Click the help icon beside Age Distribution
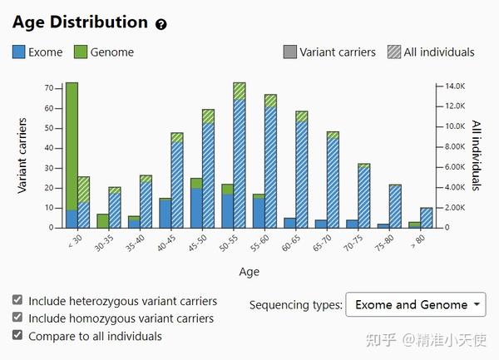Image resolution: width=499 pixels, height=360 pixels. click(x=161, y=24)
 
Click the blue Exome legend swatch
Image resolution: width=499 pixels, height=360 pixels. click(x=18, y=52)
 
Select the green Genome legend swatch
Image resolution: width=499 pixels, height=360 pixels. click(x=81, y=52)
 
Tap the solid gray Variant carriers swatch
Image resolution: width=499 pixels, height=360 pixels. click(x=289, y=52)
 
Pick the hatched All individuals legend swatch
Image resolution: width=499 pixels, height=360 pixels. click(x=393, y=52)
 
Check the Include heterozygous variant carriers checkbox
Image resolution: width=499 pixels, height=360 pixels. click(x=18, y=301)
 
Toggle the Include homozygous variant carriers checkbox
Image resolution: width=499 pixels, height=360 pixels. click(x=18, y=318)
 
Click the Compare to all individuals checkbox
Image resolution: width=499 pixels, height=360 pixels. click(x=18, y=336)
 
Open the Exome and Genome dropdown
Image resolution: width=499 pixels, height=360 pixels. click(x=416, y=305)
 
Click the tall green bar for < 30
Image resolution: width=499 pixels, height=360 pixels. click(x=72, y=141)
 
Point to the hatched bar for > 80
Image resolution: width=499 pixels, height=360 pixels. click(x=427, y=218)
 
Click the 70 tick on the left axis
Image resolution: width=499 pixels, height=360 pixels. click(x=48, y=88)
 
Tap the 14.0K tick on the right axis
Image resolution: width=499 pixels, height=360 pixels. click(x=453, y=86)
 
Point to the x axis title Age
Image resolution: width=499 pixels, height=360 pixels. click(x=249, y=271)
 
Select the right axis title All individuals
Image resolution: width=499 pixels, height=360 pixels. click(x=477, y=156)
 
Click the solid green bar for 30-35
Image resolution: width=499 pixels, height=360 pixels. click(x=103, y=221)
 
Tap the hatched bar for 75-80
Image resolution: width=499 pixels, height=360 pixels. click(x=395, y=206)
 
